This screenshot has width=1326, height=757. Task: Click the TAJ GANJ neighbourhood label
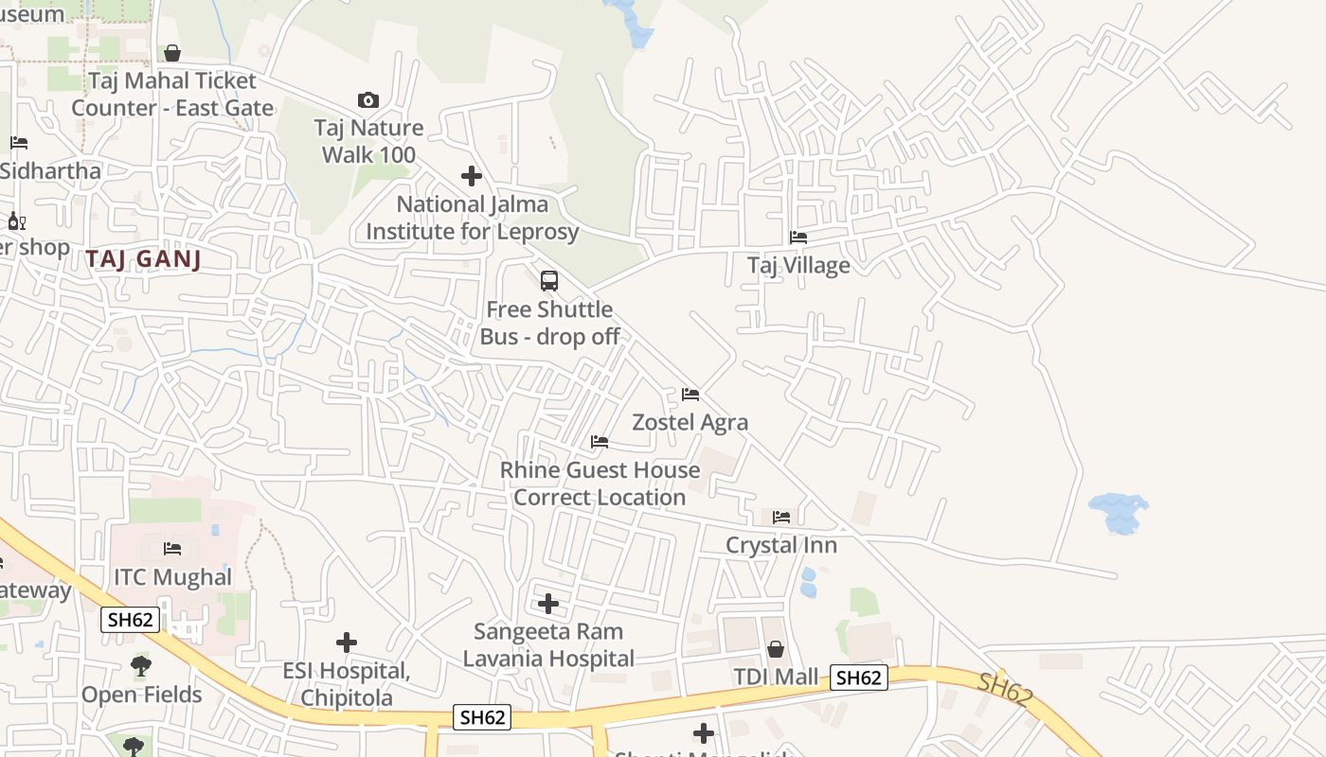tap(144, 258)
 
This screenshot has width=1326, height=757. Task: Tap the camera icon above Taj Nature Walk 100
tap(368, 100)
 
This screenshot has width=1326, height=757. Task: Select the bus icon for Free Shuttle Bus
tap(549, 281)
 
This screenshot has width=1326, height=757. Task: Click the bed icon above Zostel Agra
tap(690, 395)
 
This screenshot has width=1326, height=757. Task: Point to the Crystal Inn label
tap(781, 545)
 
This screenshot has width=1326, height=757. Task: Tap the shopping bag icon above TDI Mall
tap(776, 649)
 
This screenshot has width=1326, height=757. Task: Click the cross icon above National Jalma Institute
tap(472, 176)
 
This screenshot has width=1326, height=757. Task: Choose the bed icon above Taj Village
tap(798, 238)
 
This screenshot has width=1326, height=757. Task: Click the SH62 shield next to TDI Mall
tap(859, 678)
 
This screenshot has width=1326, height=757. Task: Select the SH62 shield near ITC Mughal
tap(131, 620)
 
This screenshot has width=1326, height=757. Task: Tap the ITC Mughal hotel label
tap(172, 577)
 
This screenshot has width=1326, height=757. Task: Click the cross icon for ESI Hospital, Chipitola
tap(347, 643)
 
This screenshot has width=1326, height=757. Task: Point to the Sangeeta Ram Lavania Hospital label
tap(548, 644)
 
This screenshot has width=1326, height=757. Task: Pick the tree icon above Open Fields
tap(141, 666)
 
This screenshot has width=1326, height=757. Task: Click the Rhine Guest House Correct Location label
tap(600, 484)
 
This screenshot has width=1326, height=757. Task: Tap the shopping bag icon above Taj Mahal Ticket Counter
tap(172, 53)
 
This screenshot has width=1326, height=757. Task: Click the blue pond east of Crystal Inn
tap(1119, 513)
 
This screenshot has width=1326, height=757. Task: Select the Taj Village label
tap(798, 265)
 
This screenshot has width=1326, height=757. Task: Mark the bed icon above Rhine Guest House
tap(600, 442)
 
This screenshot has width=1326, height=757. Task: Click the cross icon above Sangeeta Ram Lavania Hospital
tap(548, 604)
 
